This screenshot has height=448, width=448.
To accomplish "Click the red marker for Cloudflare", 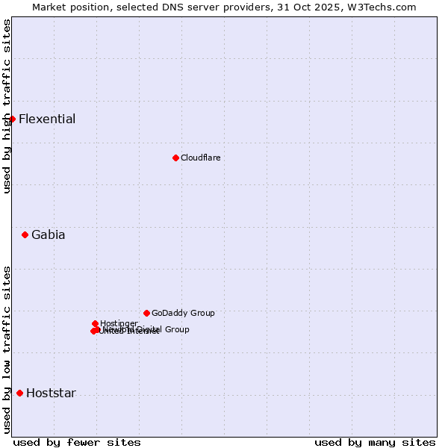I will (175, 158).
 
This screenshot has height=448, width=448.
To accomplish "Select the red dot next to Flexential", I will (12, 119).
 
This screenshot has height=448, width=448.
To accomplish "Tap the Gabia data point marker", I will (25, 234).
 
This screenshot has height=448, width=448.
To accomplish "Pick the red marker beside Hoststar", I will (19, 393).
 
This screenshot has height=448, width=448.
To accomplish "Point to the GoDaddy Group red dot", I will (146, 313).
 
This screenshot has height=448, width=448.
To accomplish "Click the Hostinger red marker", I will (95, 323).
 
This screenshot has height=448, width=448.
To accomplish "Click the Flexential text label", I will (47, 119).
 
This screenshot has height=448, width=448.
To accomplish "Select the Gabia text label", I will (48, 234).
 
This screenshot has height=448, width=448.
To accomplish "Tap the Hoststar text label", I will (51, 393).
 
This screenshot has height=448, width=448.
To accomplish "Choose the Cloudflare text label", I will (200, 158).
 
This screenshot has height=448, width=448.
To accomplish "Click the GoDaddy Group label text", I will (183, 313).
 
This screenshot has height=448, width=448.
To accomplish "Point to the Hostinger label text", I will (119, 323).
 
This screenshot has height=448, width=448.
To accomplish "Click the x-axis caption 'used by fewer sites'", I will (77, 442).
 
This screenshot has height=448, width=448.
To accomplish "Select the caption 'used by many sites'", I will (375, 442).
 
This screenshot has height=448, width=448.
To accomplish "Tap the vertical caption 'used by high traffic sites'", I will (7, 106).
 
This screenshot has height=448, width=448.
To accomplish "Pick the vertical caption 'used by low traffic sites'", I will (7, 349).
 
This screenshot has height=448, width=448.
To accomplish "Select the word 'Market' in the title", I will (49, 7).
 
